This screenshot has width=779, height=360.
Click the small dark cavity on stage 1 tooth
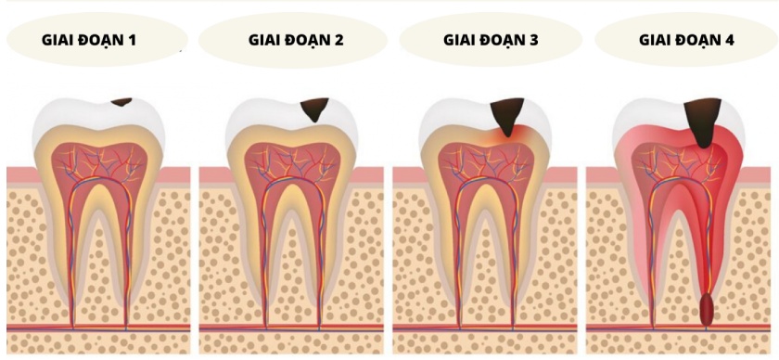pyautogui.click(x=121, y=100)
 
